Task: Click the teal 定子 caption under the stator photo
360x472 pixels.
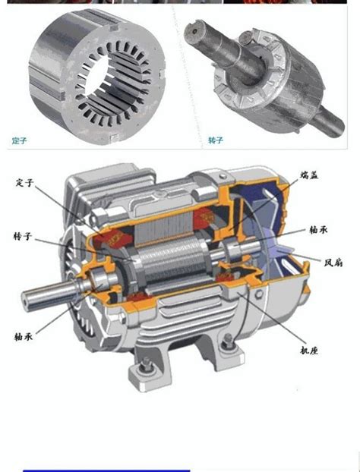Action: pos(20,140)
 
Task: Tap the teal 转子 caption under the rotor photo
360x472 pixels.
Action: pos(216,140)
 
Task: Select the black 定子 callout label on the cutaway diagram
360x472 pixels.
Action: pos(25,183)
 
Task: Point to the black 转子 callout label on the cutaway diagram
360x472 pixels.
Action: pos(23,236)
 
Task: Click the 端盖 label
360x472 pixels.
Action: pos(309,175)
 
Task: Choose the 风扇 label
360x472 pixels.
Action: pos(333,263)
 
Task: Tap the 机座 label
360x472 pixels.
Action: pos(309,350)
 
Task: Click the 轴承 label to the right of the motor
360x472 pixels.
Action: pos(318,230)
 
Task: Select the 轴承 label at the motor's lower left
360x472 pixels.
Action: pos(24,336)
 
